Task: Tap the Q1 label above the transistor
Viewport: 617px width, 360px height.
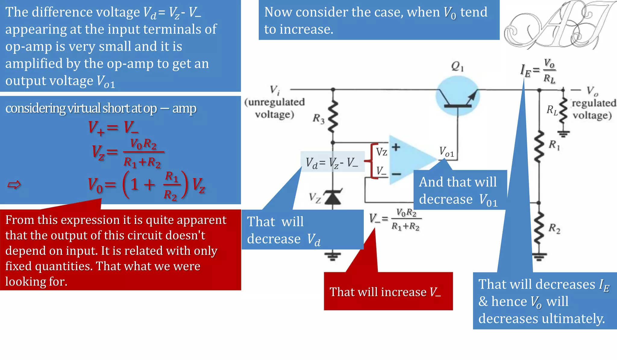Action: pyautogui.click(x=457, y=66)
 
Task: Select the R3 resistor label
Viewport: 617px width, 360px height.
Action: pyautogui.click(x=318, y=119)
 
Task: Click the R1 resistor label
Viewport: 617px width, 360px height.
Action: pyautogui.click(x=554, y=145)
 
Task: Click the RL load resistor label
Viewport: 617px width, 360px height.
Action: pyautogui.click(x=552, y=110)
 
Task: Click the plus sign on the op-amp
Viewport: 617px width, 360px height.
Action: pyautogui.click(x=396, y=147)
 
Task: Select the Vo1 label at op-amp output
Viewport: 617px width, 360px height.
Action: pyautogui.click(x=446, y=152)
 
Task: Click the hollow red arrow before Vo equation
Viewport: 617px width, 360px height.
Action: pyautogui.click(x=14, y=185)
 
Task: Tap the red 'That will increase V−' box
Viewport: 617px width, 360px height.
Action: pyautogui.click(x=388, y=291)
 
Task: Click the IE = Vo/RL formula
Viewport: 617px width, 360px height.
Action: pyautogui.click(x=539, y=71)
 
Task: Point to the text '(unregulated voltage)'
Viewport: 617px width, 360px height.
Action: pyautogui.click(x=274, y=108)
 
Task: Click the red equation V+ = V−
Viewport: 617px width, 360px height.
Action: pyautogui.click(x=113, y=127)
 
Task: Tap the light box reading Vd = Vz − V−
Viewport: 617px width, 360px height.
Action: pyautogui.click(x=332, y=163)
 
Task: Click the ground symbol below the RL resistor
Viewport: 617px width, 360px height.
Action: pyautogui.click(x=563, y=134)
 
